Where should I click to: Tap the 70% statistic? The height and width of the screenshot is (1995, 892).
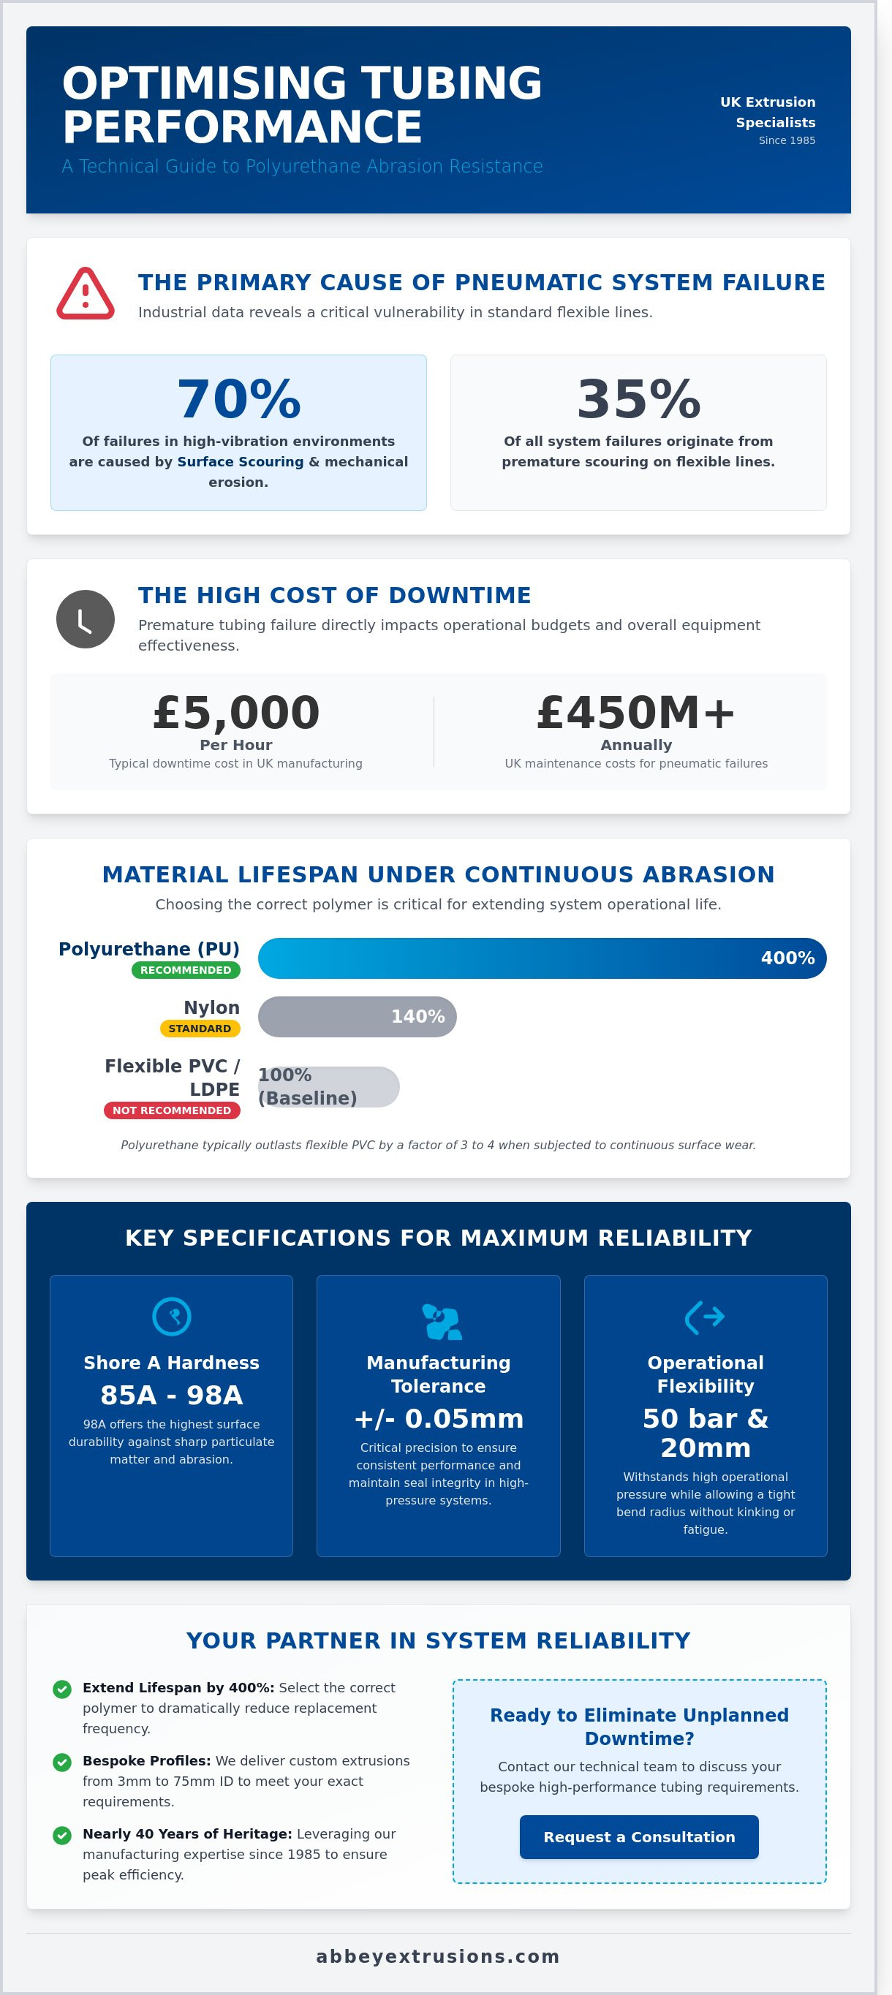238,399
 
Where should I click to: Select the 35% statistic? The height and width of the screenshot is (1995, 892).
638,399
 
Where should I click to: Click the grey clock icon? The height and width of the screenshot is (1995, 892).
85,620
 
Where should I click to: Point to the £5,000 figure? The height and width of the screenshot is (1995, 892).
236,713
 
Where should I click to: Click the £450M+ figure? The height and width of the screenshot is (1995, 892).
635,713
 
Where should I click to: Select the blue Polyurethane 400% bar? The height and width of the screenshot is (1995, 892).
542,958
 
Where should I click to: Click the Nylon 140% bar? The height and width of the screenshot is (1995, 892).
357,1017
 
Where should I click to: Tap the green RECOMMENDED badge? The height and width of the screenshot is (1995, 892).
186,970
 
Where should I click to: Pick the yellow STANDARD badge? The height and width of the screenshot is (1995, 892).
200,1029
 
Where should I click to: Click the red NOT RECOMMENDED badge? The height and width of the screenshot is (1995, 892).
172,1110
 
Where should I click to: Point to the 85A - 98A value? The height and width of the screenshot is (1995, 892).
171,1396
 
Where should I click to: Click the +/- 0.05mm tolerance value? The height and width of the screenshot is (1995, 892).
438,1419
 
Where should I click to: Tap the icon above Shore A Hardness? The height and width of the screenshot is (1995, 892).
171,1317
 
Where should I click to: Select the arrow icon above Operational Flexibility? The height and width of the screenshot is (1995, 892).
705,1317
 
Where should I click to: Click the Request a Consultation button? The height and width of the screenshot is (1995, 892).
639,1837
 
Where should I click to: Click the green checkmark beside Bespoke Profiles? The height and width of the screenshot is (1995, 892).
62,1763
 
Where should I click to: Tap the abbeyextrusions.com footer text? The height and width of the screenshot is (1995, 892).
438,1957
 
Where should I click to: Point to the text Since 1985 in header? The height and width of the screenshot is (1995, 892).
787,140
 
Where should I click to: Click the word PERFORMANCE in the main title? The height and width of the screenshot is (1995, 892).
242,127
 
